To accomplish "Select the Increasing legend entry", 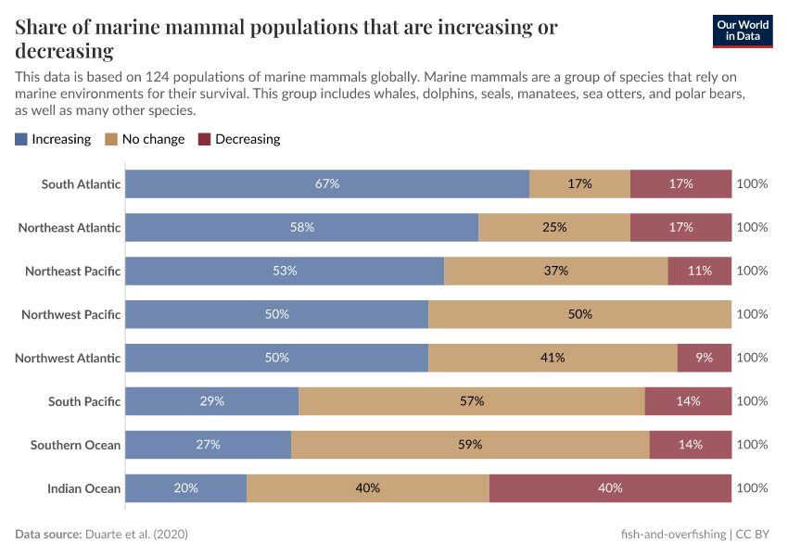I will click(x=53, y=139).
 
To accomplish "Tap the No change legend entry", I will click(x=145, y=139).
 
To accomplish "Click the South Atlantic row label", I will click(x=81, y=183).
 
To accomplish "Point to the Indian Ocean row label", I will click(x=83, y=488).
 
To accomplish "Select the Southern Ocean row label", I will click(x=75, y=445).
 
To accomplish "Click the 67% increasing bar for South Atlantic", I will click(x=327, y=183).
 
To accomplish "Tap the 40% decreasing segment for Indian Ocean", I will click(x=610, y=488).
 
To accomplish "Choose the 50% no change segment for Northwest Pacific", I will click(x=579, y=314).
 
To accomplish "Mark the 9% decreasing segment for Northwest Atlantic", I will click(x=705, y=358).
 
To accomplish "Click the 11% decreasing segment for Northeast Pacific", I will click(x=700, y=271).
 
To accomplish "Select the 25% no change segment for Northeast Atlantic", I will click(x=554, y=227).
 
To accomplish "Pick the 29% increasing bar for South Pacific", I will click(x=212, y=401).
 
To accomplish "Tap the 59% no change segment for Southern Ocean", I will click(x=470, y=445).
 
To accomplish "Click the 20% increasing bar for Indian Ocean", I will click(x=186, y=488).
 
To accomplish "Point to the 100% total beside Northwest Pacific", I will click(x=752, y=314).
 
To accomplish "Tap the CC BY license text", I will click(x=756, y=535).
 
